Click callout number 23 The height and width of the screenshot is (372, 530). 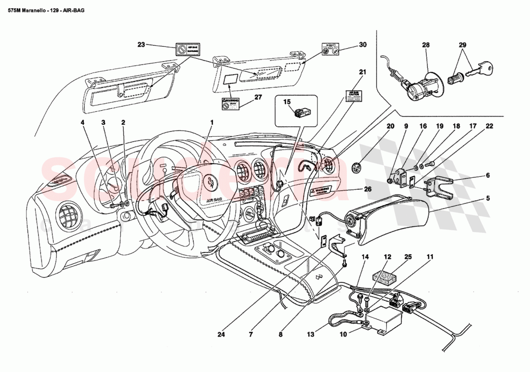tap(141, 45)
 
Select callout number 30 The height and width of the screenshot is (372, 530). tap(362, 45)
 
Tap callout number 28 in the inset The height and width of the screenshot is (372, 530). tap(425, 45)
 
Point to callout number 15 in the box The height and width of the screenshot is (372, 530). tap(287, 102)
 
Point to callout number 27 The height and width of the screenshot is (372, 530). tap(258, 96)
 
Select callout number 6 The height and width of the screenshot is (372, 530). tap(487, 175)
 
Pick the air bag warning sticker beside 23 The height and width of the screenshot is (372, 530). tap(187, 50)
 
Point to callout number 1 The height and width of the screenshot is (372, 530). tap(212, 122)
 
